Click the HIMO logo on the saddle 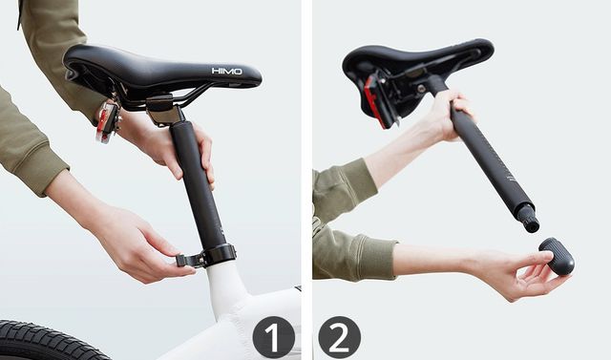point(227,71)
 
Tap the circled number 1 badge point(274,337)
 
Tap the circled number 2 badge point(340,337)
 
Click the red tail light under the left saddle point(107,121)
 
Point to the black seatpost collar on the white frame point(221,254)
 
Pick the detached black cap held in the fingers point(557,256)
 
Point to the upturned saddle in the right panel point(417,74)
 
